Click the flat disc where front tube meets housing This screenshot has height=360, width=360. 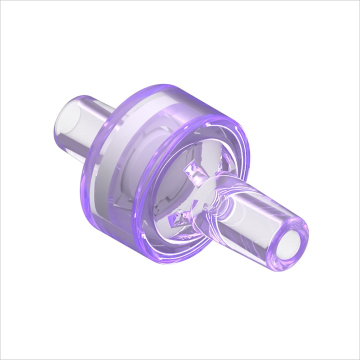point(210,190)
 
